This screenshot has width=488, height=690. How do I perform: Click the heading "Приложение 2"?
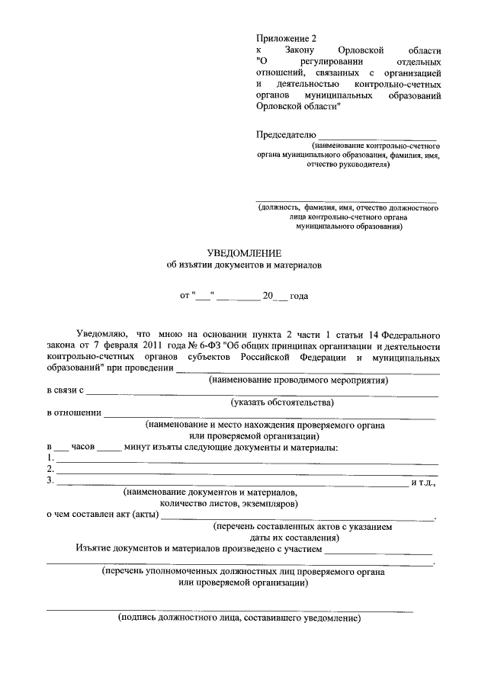click(286, 37)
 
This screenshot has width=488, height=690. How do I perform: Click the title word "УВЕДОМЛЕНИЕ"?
click(245, 253)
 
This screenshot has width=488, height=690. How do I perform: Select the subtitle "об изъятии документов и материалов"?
click(245, 266)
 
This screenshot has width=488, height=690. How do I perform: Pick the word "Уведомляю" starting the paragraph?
click(102, 334)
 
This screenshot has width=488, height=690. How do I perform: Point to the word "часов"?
click(82, 447)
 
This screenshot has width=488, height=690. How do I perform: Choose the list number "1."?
click(50, 457)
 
